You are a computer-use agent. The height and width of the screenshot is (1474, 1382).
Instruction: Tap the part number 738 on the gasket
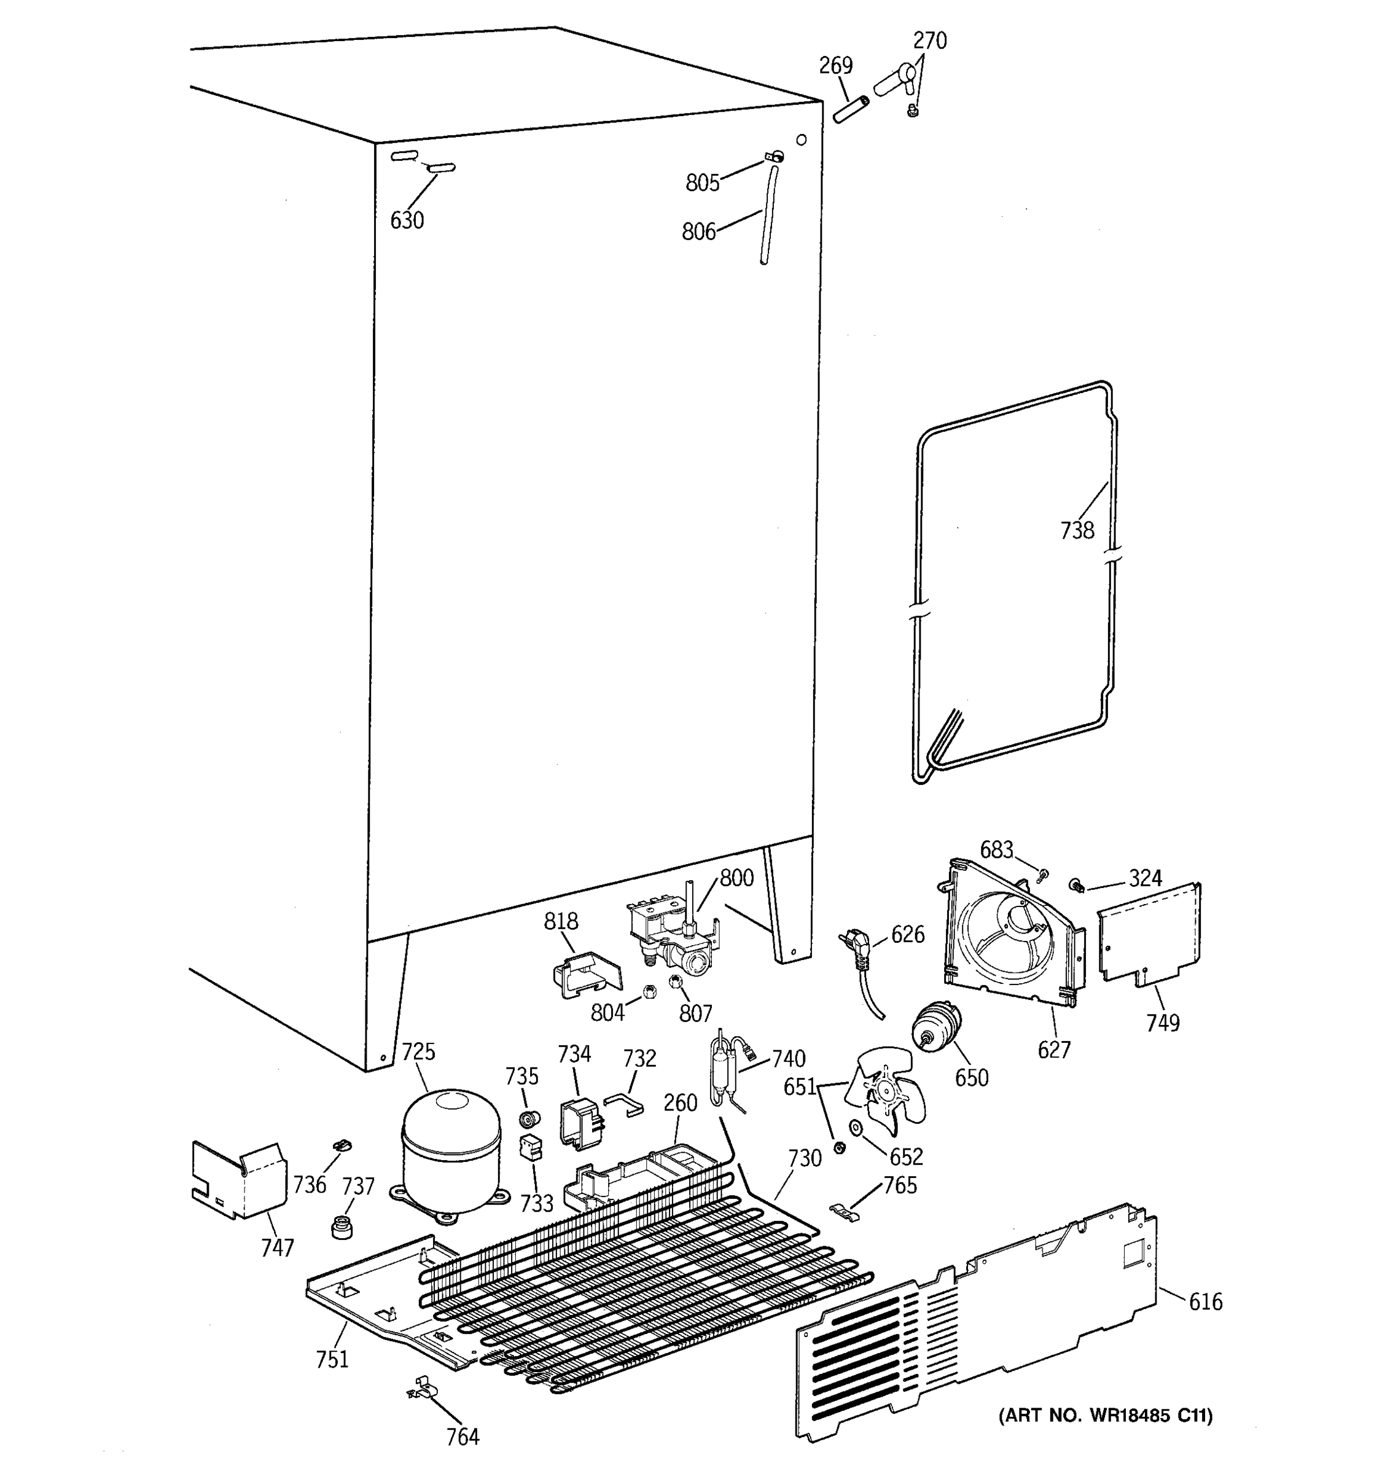(x=1077, y=530)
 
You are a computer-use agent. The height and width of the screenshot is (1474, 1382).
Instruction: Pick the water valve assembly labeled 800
(x=671, y=936)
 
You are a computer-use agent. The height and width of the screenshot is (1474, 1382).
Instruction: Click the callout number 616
(x=1206, y=1301)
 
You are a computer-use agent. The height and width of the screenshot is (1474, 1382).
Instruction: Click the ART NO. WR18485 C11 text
(x=1106, y=1416)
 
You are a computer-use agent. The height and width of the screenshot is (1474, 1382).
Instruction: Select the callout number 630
(x=407, y=220)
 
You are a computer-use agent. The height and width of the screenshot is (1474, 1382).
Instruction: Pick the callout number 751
(x=332, y=1359)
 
